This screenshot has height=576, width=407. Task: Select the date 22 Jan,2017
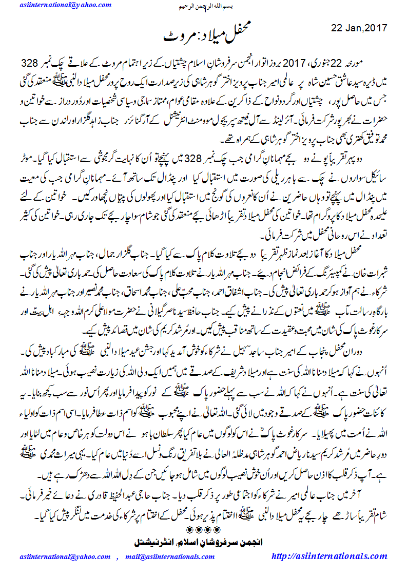tap(359, 27)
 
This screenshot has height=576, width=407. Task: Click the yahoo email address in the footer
tap(61, 556)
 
